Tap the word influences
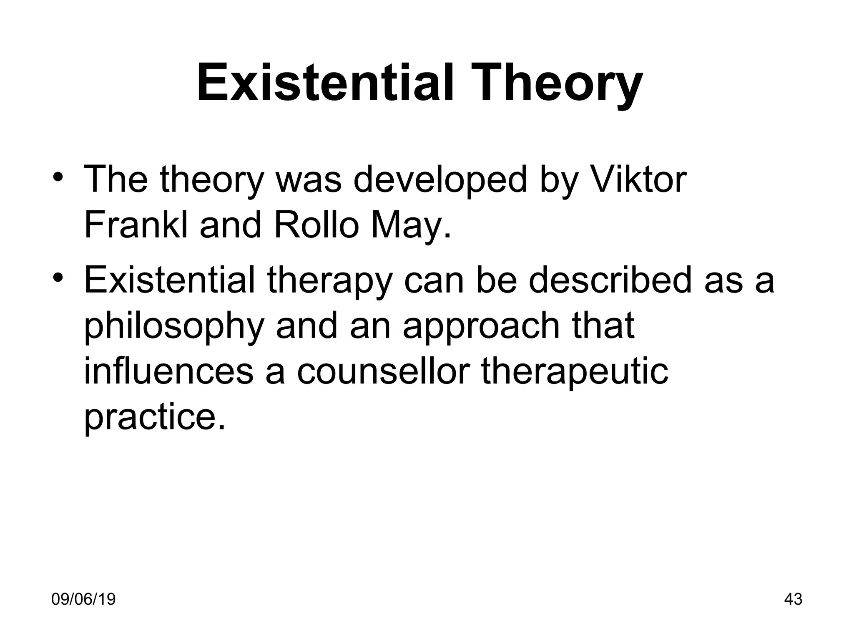click(169, 371)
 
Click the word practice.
click(155, 417)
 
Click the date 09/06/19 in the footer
click(83, 599)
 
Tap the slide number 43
click(793, 599)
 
